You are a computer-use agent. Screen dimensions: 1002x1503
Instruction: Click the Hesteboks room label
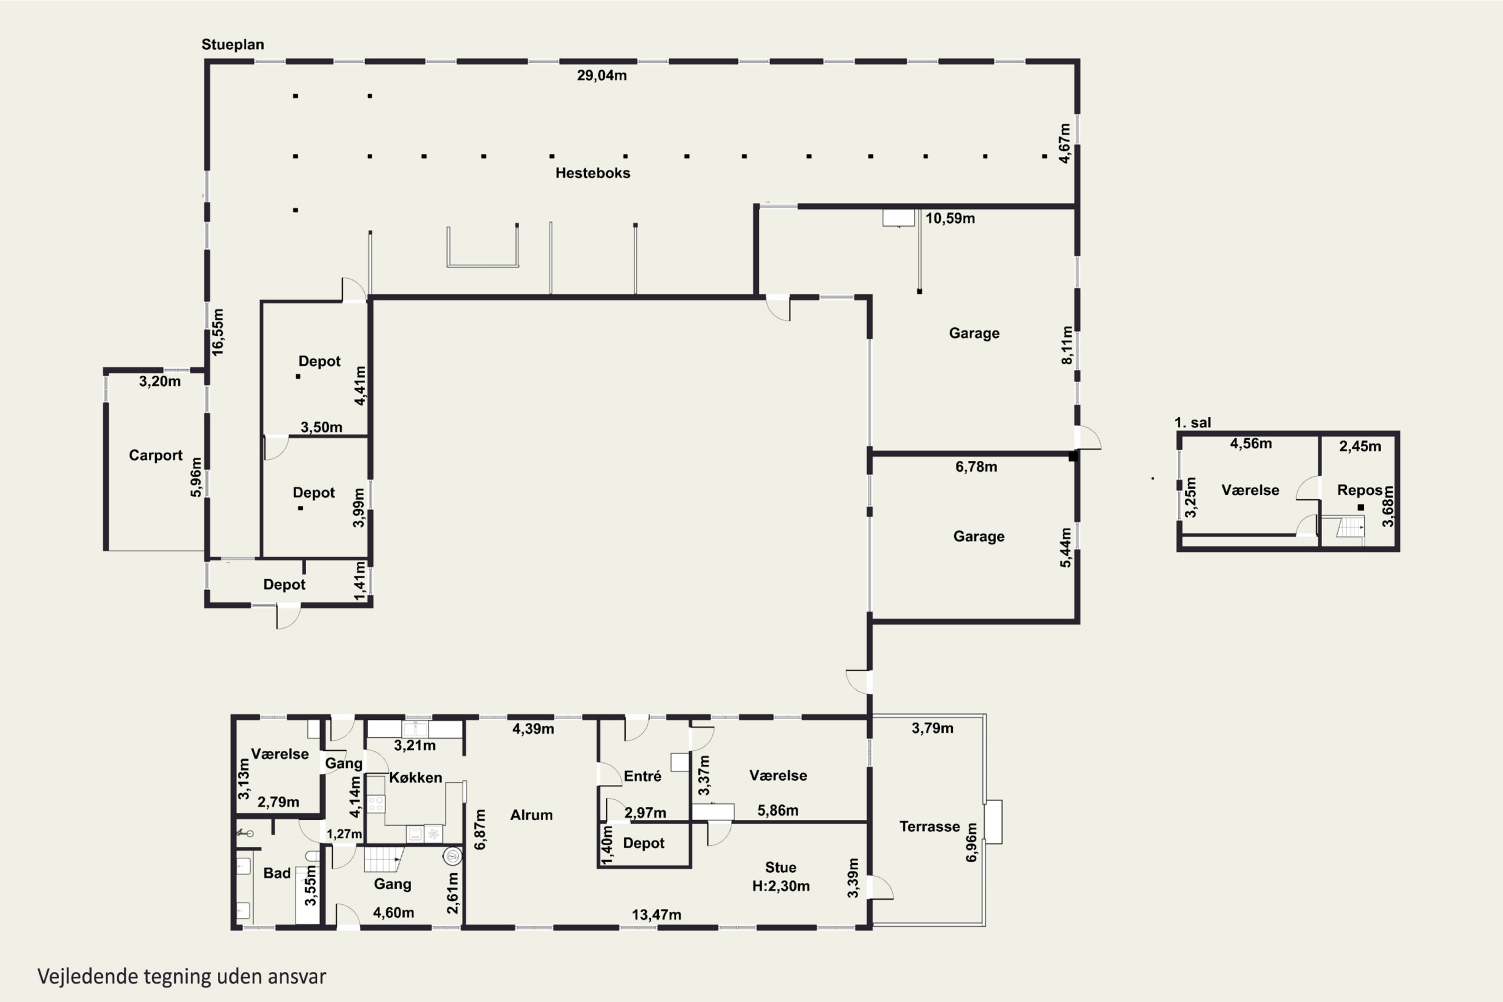tap(592, 173)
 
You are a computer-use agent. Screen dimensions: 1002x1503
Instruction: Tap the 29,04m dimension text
tap(601, 76)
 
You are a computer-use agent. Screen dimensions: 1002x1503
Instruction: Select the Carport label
tap(155, 455)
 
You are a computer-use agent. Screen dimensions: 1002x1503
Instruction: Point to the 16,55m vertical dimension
tap(218, 332)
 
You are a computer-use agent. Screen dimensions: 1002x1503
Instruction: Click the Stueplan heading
tap(232, 45)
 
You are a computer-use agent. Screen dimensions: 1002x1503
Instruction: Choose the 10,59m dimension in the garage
tap(949, 218)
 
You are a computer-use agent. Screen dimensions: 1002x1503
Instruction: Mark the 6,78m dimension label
tap(976, 466)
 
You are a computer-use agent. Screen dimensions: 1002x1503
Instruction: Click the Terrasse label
tap(929, 826)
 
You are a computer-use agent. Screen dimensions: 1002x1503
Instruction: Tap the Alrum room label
tap(531, 815)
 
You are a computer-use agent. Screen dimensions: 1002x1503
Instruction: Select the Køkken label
tap(415, 778)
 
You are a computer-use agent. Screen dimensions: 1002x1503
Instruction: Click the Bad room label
tap(277, 873)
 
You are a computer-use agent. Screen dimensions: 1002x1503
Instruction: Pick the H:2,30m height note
tap(780, 886)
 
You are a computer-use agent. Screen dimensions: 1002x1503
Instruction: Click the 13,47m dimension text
tap(656, 914)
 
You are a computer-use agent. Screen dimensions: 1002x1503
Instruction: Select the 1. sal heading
tap(1192, 422)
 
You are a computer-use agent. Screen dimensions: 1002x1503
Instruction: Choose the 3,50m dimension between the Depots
tap(321, 427)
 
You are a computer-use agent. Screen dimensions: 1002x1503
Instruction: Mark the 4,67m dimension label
tap(1064, 144)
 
